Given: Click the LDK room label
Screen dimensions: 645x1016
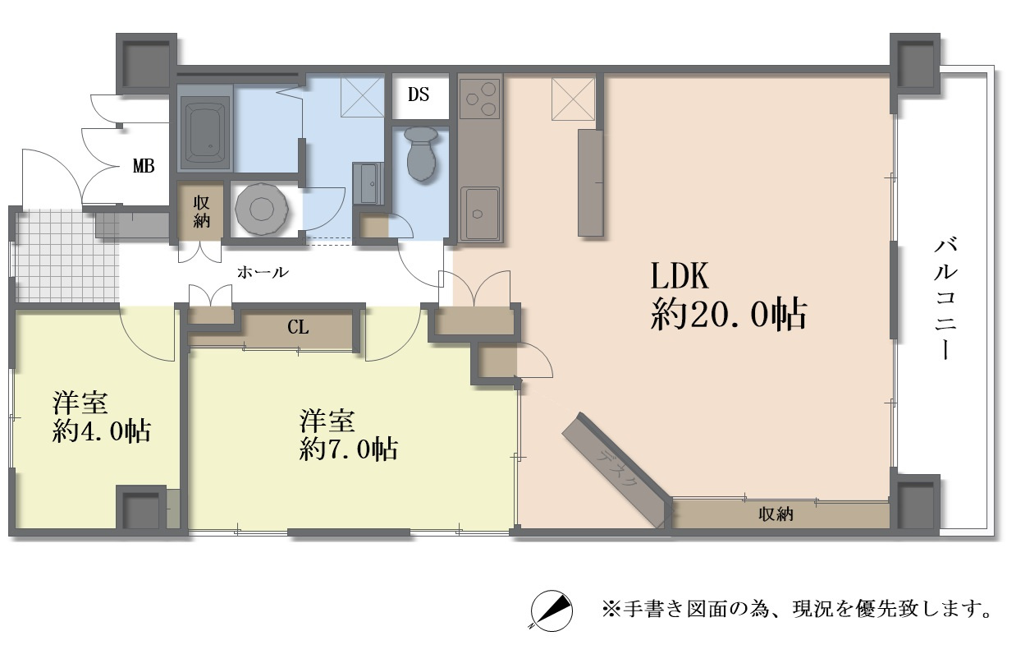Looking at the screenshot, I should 680,277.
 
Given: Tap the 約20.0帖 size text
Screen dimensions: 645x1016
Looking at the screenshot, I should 727,315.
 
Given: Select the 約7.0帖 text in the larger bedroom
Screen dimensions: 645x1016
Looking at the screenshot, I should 349,449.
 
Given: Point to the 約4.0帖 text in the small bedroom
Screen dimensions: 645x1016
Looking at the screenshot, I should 101,430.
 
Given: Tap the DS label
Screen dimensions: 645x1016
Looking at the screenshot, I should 419,94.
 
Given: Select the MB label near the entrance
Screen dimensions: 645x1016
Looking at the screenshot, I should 144,166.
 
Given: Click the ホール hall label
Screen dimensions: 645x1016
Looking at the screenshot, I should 263,272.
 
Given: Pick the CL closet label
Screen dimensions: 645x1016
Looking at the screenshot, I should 298,327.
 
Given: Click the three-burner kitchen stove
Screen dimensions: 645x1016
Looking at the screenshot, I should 480,101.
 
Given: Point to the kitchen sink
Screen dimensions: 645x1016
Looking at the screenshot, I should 479,212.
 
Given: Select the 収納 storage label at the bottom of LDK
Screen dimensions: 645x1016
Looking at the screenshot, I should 775,514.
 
